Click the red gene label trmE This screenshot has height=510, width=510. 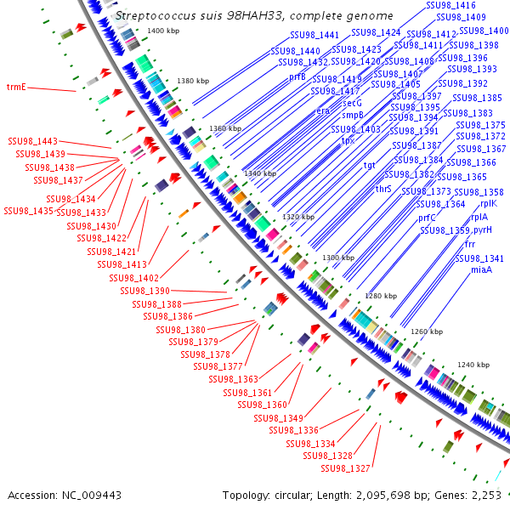pos(16,87)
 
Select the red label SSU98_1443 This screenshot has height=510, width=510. pos(33,141)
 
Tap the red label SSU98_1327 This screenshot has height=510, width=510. pos(346,468)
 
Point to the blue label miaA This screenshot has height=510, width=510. pos(481,269)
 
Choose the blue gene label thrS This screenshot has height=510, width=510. pos(383,189)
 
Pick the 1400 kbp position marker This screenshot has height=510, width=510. pos(164,31)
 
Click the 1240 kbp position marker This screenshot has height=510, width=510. pos(473,365)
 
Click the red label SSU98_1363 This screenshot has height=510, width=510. pos(235,379)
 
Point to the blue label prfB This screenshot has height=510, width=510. pos(297,76)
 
